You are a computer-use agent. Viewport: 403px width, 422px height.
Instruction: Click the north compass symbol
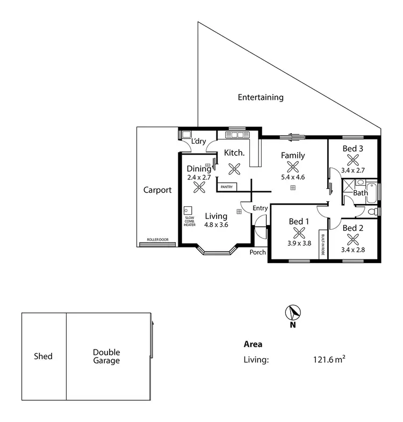tap(293, 312)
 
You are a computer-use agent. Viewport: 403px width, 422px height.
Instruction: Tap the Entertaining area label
tap(261, 98)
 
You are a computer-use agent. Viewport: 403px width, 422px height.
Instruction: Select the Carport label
tap(157, 190)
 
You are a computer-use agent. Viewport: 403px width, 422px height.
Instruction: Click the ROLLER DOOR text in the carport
tap(157, 240)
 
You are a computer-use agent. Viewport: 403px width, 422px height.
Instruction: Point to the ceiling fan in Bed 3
tap(353, 159)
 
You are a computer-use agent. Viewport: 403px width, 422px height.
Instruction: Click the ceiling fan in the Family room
tap(293, 167)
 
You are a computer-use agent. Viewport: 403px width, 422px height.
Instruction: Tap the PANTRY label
tap(227, 187)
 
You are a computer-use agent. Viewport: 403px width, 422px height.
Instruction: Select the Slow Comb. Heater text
tap(190, 221)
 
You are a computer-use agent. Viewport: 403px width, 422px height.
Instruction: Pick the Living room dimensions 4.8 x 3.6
tap(216, 225)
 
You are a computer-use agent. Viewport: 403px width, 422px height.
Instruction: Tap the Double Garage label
tap(106, 356)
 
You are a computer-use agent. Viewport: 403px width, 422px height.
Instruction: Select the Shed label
tap(43, 356)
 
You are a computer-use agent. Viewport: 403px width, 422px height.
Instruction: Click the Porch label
tap(257, 252)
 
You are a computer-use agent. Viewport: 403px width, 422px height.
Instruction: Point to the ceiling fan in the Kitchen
tap(234, 169)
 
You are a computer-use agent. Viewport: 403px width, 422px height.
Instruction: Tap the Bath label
tap(361, 193)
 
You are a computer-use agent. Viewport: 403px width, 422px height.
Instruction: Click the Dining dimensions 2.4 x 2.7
tap(199, 177)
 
